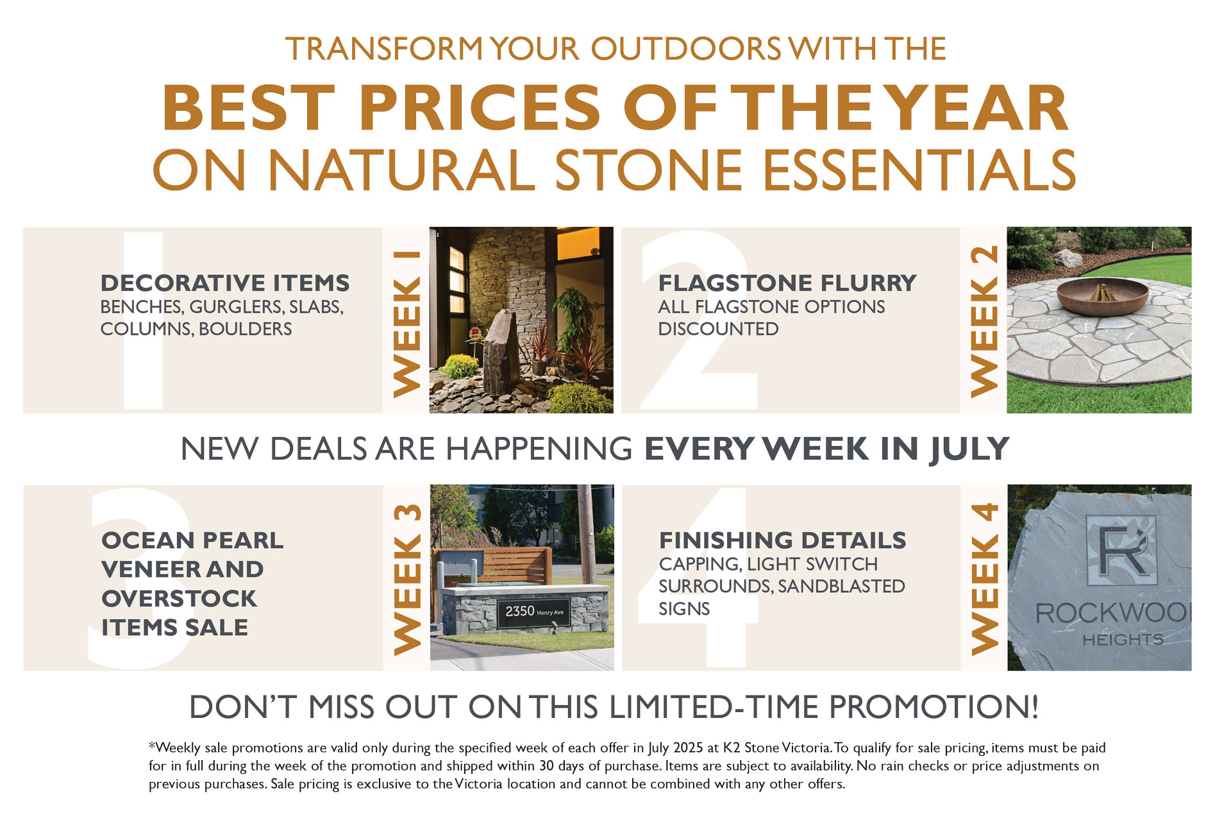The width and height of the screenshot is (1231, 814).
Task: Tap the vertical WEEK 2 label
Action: click(x=984, y=321)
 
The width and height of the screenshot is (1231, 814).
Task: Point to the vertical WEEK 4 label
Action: click(x=985, y=579)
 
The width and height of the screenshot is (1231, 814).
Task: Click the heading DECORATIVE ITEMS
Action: click(x=225, y=283)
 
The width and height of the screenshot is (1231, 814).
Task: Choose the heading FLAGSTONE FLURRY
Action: click(x=787, y=283)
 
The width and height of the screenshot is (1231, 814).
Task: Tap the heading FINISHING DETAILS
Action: click(x=783, y=540)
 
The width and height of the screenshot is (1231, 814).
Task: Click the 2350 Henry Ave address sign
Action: click(x=533, y=611)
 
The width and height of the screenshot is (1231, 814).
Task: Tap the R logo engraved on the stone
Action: click(x=1121, y=548)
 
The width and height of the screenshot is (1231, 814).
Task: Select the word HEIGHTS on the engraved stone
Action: click(x=1123, y=639)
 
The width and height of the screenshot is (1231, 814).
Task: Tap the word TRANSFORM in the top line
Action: click(x=383, y=49)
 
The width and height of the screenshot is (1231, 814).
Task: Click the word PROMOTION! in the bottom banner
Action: click(x=934, y=707)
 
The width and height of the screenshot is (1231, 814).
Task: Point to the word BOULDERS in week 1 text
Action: click(x=245, y=329)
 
